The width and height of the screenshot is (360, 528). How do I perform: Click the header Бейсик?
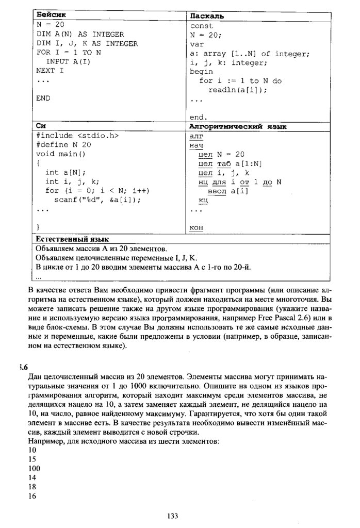51,15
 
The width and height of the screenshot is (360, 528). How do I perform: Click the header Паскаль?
206,16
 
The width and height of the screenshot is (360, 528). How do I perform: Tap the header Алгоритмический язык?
238,126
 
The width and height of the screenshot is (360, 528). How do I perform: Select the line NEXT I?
50,71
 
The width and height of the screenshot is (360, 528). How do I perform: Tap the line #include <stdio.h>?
77,136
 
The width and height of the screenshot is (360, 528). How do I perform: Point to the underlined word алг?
197,136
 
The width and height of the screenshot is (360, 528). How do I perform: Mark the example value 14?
32,477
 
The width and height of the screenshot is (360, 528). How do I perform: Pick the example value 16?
32,496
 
